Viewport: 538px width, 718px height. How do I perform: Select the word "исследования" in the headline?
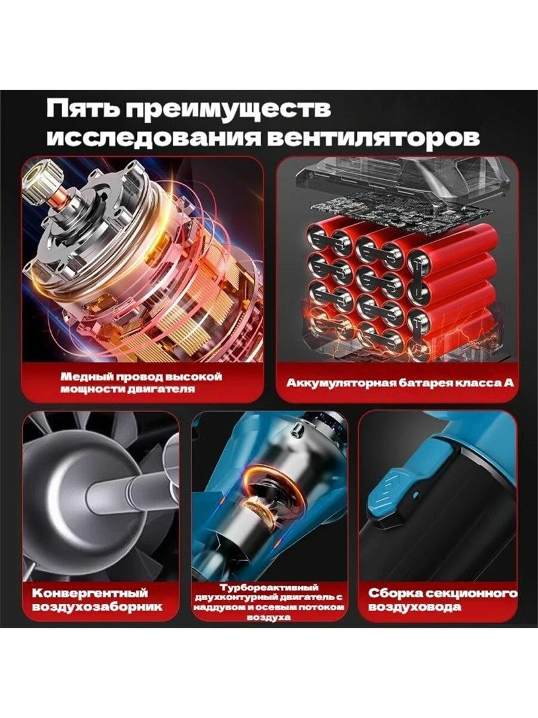[154, 139]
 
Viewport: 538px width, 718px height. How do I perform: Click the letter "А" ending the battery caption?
[508, 383]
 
